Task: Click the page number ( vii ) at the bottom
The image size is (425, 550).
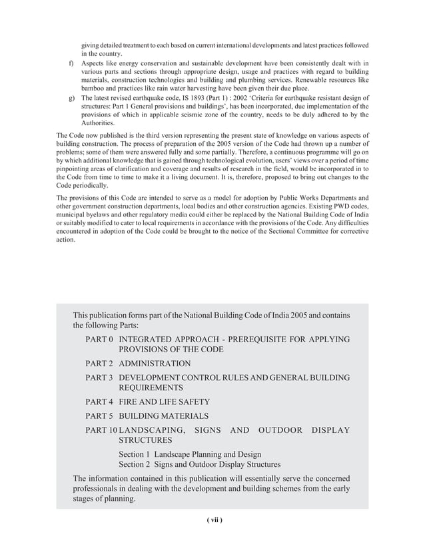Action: coord(212,520)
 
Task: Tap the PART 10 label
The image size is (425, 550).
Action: coord(101,430)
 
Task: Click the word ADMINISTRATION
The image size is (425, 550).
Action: coord(155,364)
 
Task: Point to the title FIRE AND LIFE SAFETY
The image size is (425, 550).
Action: coord(164,402)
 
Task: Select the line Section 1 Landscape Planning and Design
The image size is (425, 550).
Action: coord(190,453)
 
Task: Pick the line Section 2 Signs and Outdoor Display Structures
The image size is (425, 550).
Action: coord(199,464)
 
